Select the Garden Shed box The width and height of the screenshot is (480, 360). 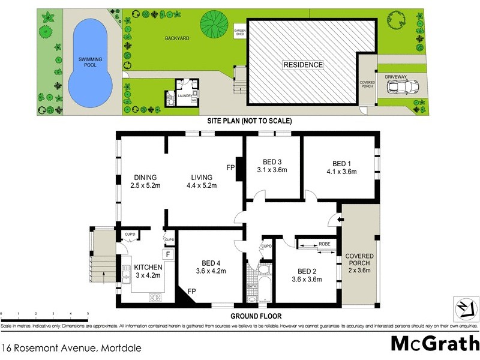point(239,32)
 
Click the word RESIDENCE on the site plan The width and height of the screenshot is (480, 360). point(303,65)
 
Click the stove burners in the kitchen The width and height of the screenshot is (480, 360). point(155,296)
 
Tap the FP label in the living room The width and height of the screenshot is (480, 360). point(229,167)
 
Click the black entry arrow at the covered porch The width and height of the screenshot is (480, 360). point(341,220)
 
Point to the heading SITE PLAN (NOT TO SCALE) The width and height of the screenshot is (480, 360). point(249,121)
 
